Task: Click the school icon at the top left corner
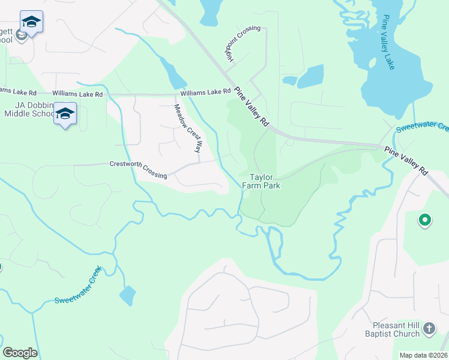pyautogui.click(x=31, y=22)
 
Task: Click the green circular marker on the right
pyautogui.click(x=424, y=220)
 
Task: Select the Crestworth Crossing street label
pyautogui.click(x=138, y=169)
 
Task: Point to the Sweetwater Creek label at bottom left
pyautogui.click(x=77, y=284)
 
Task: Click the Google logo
pyautogui.click(x=20, y=353)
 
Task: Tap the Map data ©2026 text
pyautogui.click(x=423, y=355)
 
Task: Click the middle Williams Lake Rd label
pyautogui.click(x=77, y=94)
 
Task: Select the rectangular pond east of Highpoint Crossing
pyautogui.click(x=311, y=76)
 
